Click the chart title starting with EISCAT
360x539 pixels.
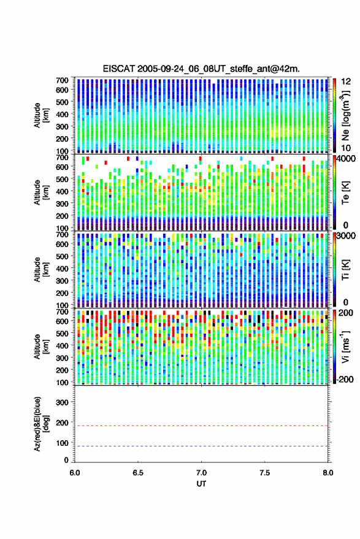click(202, 69)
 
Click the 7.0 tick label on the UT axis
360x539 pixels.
click(201, 473)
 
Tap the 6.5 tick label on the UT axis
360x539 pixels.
click(138, 473)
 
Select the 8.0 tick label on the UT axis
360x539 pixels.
click(328, 473)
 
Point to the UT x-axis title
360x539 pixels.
click(201, 484)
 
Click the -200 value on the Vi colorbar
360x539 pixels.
click(345, 380)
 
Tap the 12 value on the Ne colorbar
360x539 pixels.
click(346, 82)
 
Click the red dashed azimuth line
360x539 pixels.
click(201, 426)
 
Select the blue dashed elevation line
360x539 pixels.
click(201, 446)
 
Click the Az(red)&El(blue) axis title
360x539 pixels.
click(41, 424)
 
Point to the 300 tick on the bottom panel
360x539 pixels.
click(62, 402)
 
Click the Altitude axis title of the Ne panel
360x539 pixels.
click(41, 115)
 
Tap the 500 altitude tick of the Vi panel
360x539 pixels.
click(62, 334)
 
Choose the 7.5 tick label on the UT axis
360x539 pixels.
click(264, 473)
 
